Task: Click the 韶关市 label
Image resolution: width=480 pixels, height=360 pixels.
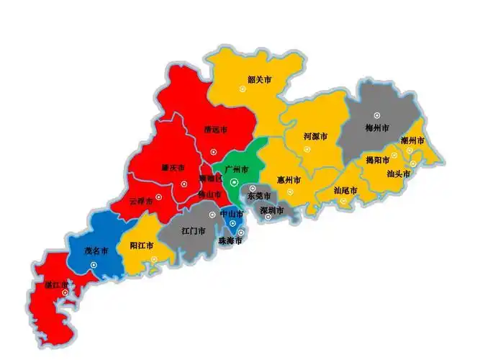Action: coord(258,79)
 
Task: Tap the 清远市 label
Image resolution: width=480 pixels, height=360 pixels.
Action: coord(215,130)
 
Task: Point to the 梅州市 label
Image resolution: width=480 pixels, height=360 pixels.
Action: coord(377,128)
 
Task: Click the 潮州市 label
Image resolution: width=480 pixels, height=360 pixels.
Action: coord(412,140)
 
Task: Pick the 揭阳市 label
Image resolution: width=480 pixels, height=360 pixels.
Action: coord(377,160)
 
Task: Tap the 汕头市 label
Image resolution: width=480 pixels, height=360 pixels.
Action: coord(398,174)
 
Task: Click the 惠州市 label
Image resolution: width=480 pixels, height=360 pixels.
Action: coord(289,179)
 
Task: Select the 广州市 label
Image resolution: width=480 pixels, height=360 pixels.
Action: coord(236,169)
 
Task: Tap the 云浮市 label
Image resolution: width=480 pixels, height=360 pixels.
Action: coord(141,202)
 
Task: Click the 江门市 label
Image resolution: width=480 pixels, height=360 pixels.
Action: coord(194,232)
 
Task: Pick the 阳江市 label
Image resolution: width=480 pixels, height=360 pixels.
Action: coord(141,246)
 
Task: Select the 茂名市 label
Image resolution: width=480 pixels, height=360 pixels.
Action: coord(96,251)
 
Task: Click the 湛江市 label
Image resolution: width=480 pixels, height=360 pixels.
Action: coord(56,284)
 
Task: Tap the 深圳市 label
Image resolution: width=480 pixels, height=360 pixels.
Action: coord(271,210)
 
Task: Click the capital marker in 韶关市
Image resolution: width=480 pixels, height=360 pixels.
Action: coord(243,89)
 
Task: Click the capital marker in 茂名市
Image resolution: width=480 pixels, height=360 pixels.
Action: coord(94,265)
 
